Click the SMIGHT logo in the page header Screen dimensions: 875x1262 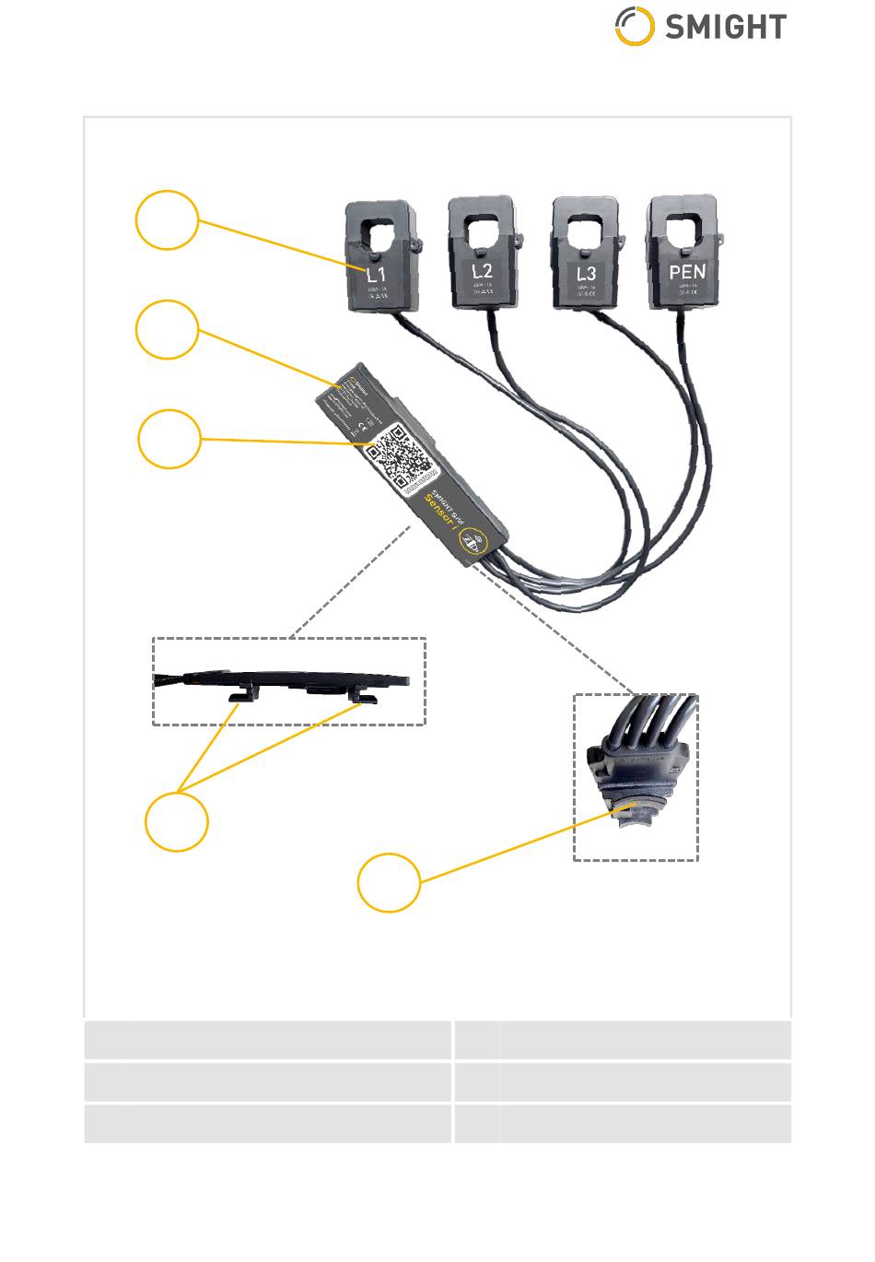click(x=700, y=27)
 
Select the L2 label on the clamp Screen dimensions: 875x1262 click(x=483, y=270)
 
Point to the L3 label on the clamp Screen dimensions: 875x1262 click(x=586, y=274)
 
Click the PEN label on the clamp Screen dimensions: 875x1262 click(x=687, y=272)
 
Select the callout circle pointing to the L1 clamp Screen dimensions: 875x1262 click(x=167, y=220)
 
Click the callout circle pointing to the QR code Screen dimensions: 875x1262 click(x=169, y=439)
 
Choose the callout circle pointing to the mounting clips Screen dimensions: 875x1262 click(x=177, y=820)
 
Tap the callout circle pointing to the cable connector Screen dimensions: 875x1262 click(x=389, y=883)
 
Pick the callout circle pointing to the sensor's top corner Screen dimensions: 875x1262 click(x=167, y=329)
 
